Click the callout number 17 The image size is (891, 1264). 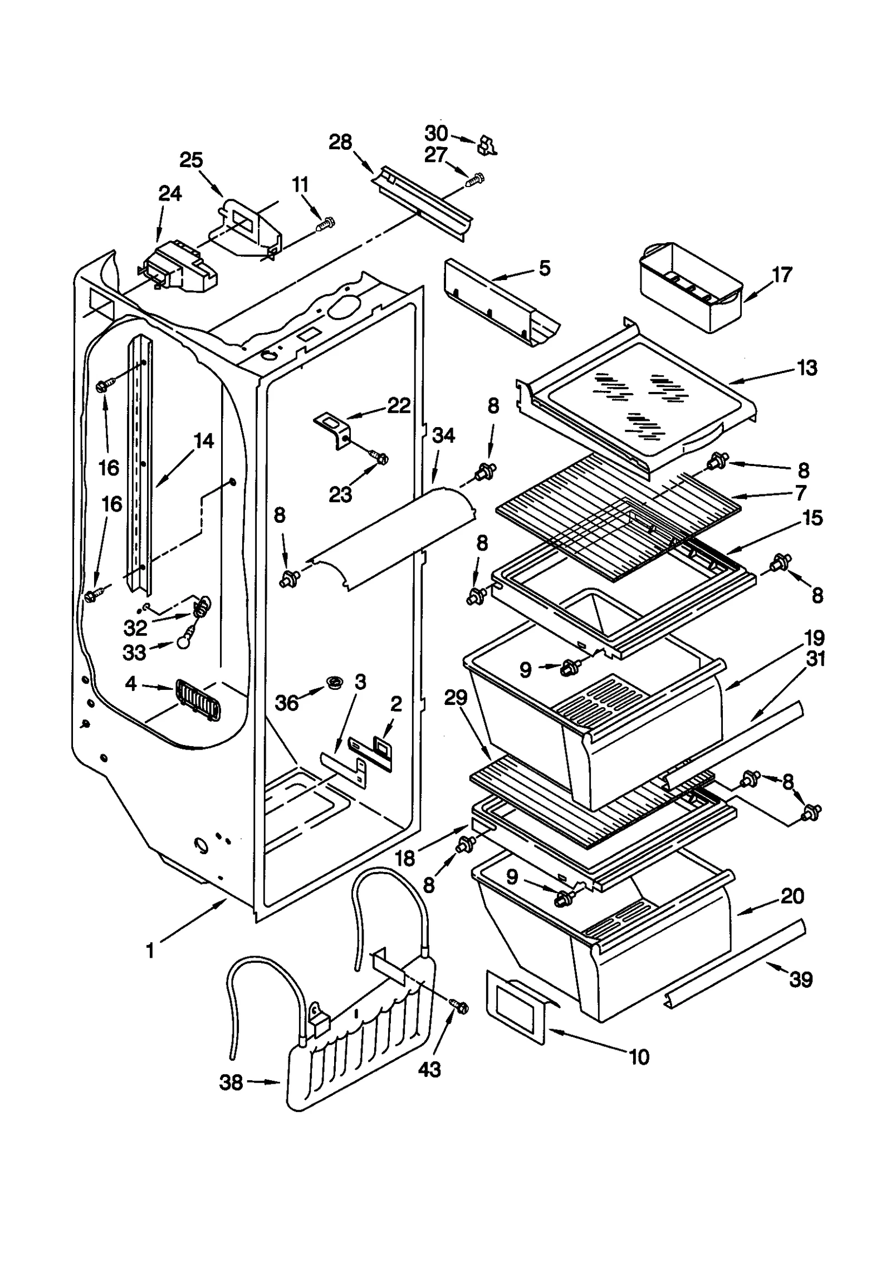782,275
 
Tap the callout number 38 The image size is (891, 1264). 231,1082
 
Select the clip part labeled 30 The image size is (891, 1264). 486,145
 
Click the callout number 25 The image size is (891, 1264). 191,160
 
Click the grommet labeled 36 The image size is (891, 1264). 335,681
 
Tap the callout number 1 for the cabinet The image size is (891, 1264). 150,950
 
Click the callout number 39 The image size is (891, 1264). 801,979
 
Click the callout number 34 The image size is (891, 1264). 443,435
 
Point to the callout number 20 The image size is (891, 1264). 792,896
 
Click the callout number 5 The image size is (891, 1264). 544,268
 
